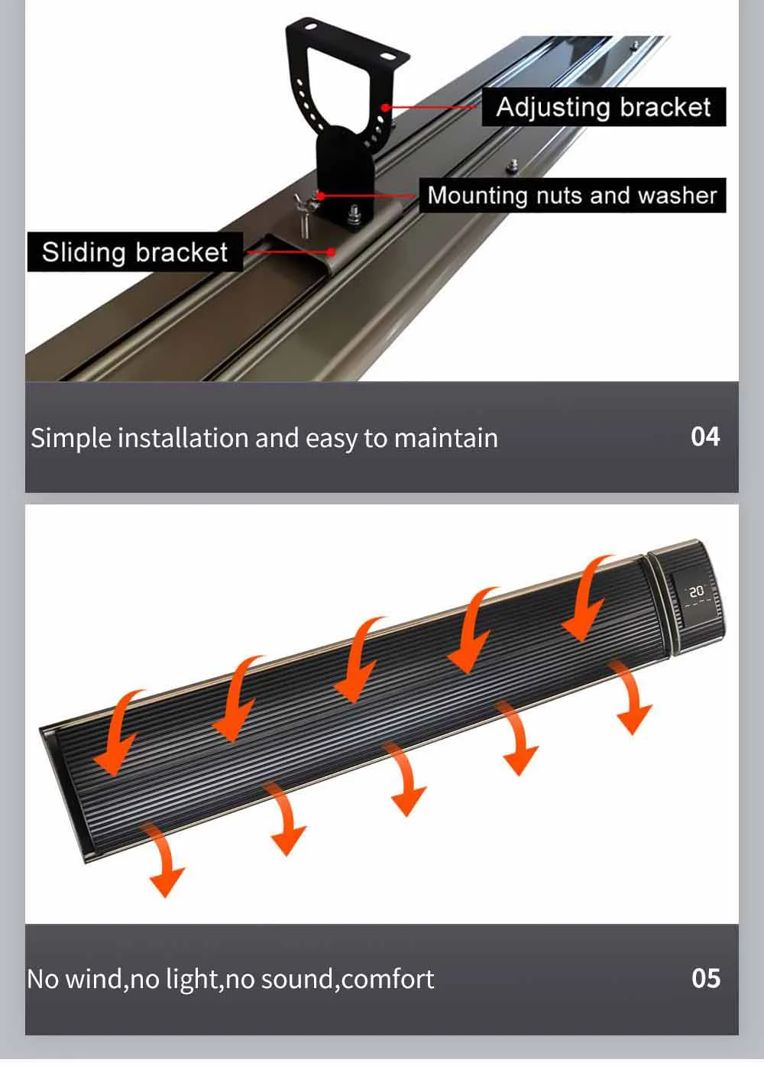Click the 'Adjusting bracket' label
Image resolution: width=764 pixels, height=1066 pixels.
point(604,107)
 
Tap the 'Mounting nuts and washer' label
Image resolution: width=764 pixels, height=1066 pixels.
point(571,196)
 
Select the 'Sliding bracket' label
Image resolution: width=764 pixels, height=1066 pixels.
point(134,252)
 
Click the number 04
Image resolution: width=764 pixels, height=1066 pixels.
point(705,436)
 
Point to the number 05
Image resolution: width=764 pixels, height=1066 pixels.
point(705,978)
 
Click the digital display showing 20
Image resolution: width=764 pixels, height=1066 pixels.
point(696,592)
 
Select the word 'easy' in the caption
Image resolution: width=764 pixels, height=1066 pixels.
point(332,439)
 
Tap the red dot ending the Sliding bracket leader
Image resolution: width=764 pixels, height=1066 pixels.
point(331,251)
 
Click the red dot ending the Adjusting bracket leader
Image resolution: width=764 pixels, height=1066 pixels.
point(387,108)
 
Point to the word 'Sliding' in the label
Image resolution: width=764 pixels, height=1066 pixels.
point(84,252)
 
